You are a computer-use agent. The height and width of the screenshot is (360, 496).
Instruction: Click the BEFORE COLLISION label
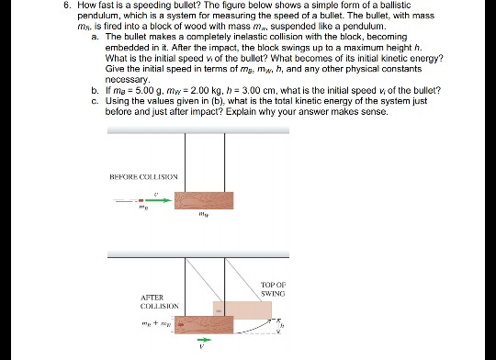[142, 175]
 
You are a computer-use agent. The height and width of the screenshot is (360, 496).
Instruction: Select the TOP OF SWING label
[274, 288]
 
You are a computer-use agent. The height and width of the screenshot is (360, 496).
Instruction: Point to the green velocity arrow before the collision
[157, 201]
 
